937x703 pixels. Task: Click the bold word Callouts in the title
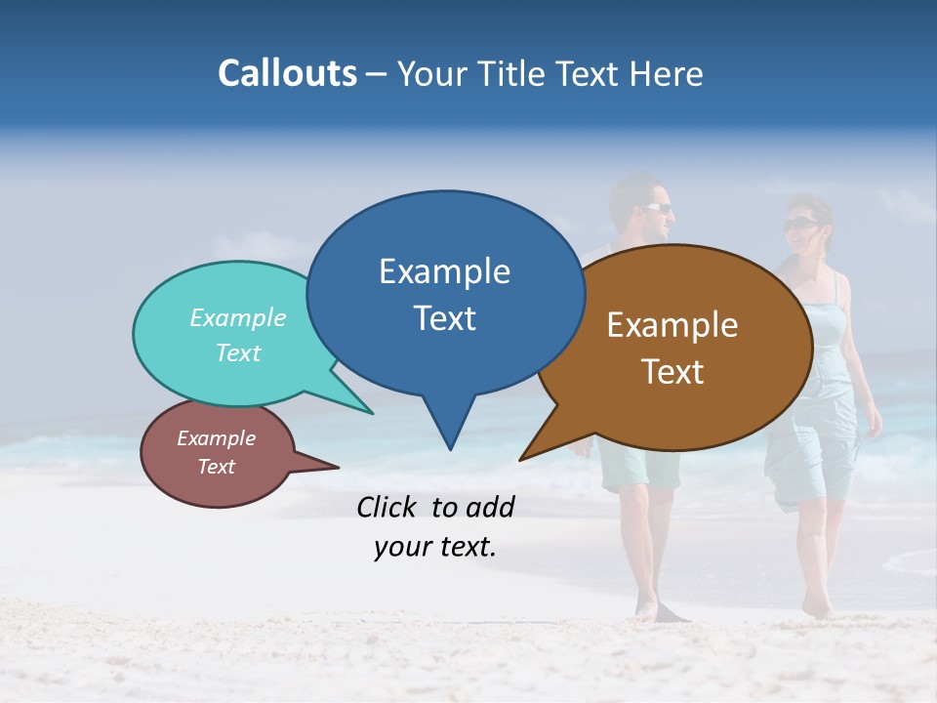pos(287,73)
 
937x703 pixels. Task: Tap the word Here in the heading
pos(668,73)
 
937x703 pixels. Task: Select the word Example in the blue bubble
pos(444,271)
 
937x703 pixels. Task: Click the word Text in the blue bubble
pos(444,318)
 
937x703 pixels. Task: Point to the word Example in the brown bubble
pos(672,325)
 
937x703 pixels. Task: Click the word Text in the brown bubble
pos(672,372)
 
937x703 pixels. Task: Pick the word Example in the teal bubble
pos(238,317)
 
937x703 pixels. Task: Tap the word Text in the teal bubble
pos(238,352)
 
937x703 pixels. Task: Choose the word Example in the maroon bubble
pos(216,438)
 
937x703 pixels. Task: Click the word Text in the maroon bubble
pos(216,467)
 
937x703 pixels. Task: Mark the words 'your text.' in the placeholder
pos(435,548)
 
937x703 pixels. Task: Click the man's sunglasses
pos(657,207)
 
